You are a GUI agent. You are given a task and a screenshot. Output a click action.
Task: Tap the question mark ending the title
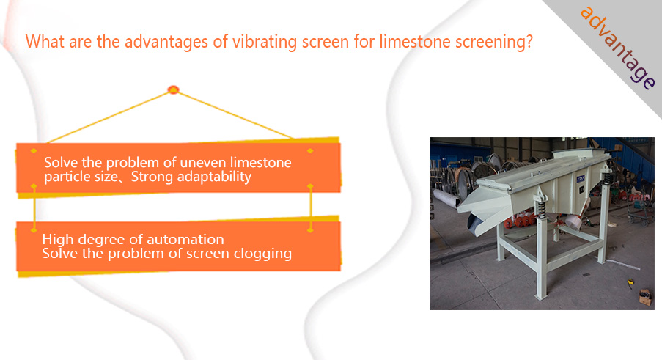[529, 42]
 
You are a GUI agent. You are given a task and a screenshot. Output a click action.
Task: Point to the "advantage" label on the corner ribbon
[618, 48]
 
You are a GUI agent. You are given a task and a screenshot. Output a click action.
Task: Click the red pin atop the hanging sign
[174, 89]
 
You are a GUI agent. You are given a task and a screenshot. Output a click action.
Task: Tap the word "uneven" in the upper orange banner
[202, 163]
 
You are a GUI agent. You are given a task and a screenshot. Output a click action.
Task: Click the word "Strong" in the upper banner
[152, 177]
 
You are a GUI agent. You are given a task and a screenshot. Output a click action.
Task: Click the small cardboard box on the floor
[644, 297]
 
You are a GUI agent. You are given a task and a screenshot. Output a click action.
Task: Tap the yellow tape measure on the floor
[630, 282]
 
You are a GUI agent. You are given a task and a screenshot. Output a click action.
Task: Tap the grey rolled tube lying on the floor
[446, 198]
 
